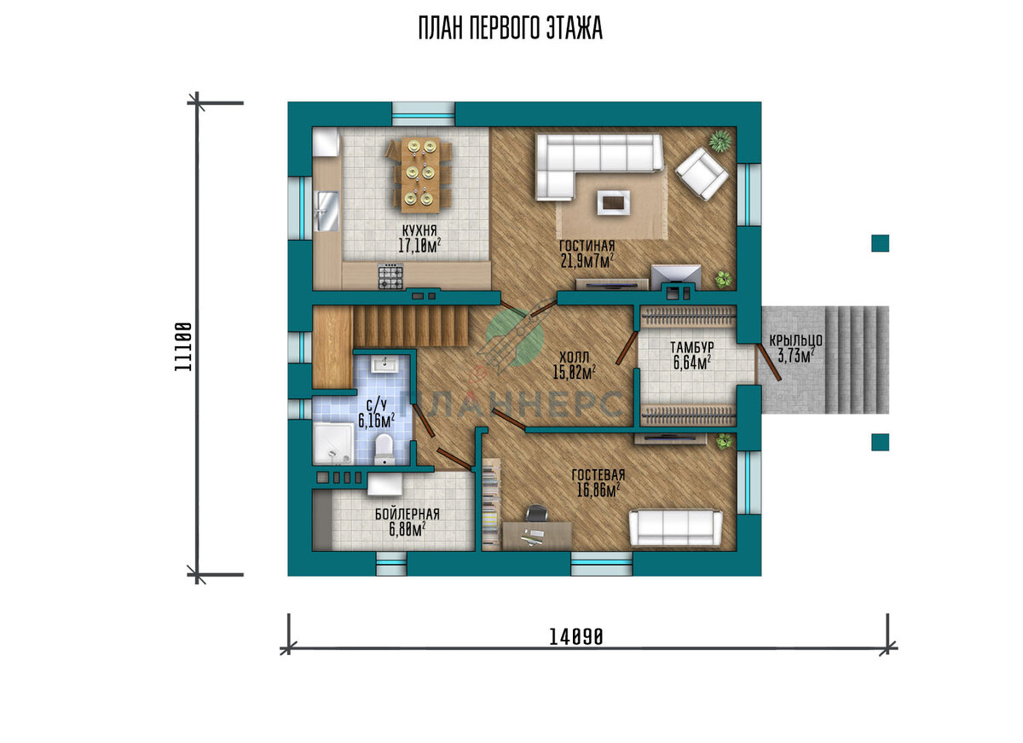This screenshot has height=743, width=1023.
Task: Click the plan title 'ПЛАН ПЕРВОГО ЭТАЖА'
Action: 510,28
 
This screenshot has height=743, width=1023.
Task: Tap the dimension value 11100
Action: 183,346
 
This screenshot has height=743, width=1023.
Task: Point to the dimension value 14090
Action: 575,636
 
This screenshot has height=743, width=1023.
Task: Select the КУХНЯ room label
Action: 419,229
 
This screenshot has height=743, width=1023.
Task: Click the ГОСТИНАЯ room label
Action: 587,246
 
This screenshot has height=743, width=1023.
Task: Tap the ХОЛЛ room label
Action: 574,357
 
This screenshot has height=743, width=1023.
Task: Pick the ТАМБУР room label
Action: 692,347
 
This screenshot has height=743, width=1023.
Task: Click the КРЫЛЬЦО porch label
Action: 796,340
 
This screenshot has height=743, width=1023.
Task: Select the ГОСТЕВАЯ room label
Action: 598,475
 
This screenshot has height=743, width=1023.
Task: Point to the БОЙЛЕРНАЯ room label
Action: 407,514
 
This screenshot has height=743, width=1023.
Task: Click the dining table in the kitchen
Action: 420,175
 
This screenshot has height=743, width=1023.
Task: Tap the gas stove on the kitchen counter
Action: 390,277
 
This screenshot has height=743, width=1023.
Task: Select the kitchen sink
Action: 327,211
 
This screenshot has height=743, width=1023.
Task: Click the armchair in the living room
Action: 702,174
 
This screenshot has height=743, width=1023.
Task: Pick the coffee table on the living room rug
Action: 613,202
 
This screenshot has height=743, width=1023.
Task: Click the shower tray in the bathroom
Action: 333,444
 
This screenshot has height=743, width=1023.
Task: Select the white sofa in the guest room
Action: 675,528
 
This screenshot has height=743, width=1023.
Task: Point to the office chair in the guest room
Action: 536,513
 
